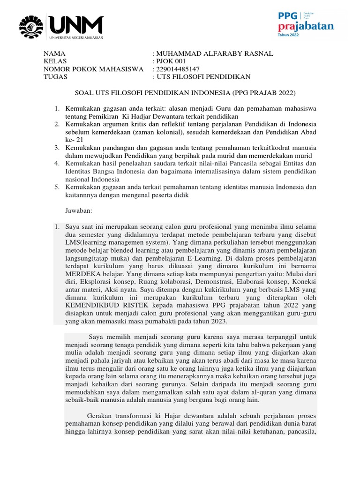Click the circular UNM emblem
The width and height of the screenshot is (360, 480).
[31, 27]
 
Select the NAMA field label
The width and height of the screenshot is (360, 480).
[54, 53]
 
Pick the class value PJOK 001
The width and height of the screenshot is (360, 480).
[172, 61]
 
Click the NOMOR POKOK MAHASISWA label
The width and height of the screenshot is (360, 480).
[93, 69]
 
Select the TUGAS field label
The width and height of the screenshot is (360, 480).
[55, 77]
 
